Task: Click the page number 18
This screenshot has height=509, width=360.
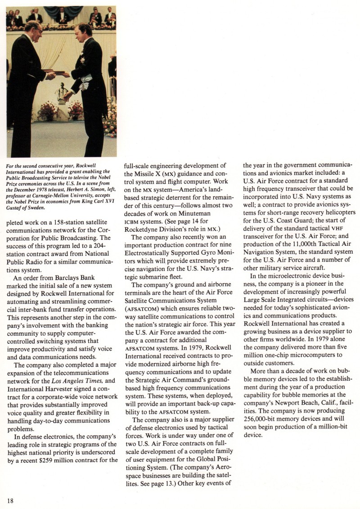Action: click(x=10, y=500)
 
